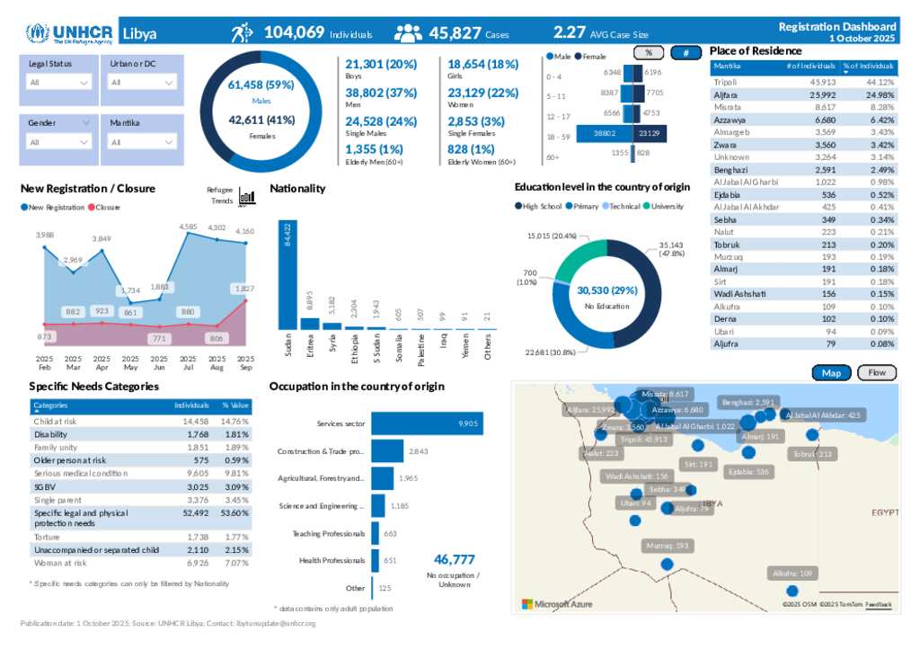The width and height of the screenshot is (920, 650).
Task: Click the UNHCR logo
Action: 70,34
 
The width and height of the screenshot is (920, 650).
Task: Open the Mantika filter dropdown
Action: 142,142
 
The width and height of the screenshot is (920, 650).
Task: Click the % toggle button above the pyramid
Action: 649,53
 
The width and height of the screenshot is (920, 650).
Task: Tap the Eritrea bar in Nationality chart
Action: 309,324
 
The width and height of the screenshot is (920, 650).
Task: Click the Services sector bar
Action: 427,423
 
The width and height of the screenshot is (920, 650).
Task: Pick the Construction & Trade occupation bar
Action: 387,451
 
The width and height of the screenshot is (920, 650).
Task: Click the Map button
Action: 831,373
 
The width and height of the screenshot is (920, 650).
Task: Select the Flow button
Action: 877,373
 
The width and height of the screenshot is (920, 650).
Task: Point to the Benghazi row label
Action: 730,170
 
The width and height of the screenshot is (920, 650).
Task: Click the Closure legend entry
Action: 106,208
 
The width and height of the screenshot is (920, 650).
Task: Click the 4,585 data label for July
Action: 188,227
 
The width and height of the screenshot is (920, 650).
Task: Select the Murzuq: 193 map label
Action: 668,546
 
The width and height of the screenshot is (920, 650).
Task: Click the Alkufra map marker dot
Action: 792,591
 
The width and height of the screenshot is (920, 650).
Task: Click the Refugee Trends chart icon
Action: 246,197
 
